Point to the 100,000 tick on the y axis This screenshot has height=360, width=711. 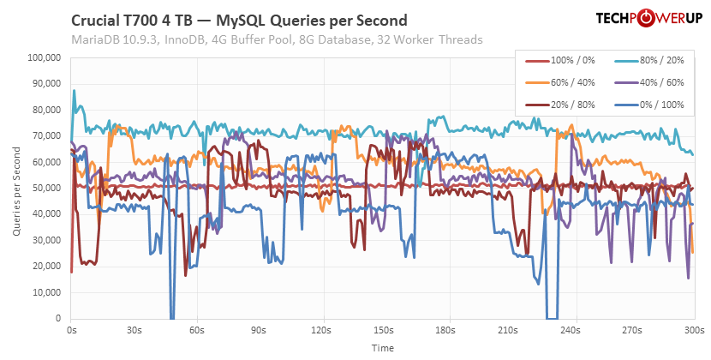coord(43,58)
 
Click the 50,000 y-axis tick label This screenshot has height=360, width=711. coord(45,188)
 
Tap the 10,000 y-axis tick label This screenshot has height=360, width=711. coord(45,292)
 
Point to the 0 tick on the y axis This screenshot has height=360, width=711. coord(57,318)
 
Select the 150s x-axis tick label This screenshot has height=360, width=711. coord(382,329)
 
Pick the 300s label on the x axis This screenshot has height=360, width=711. coord(693,329)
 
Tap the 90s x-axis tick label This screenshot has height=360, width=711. coord(258,329)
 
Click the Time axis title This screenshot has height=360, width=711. coord(382,348)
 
